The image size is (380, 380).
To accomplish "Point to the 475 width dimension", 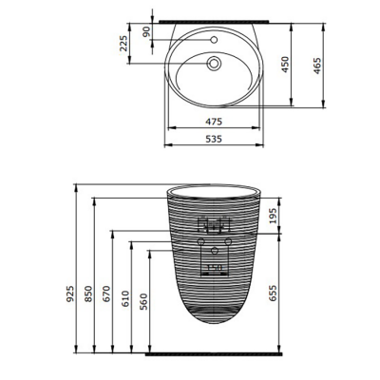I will (x=215, y=122).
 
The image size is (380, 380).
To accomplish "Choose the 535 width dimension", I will (x=215, y=139).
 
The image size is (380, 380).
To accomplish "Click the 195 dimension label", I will (x=275, y=216).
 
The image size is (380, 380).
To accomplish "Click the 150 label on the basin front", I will (x=215, y=269).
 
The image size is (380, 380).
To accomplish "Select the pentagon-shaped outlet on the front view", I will (x=216, y=251).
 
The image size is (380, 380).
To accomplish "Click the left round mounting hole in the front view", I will (x=201, y=243).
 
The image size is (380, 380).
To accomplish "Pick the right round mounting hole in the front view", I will (x=230, y=243).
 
